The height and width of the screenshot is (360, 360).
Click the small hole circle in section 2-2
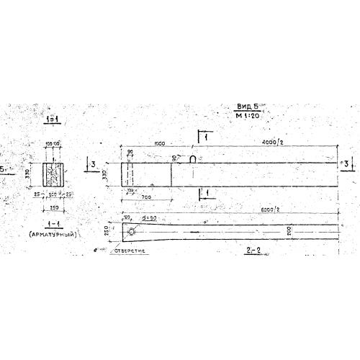click(x=132, y=231)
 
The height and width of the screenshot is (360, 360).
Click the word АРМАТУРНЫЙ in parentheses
click(x=54, y=235)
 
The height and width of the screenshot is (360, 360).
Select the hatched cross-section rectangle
click(x=54, y=174)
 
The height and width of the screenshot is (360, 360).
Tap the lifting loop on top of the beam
click(x=194, y=158)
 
